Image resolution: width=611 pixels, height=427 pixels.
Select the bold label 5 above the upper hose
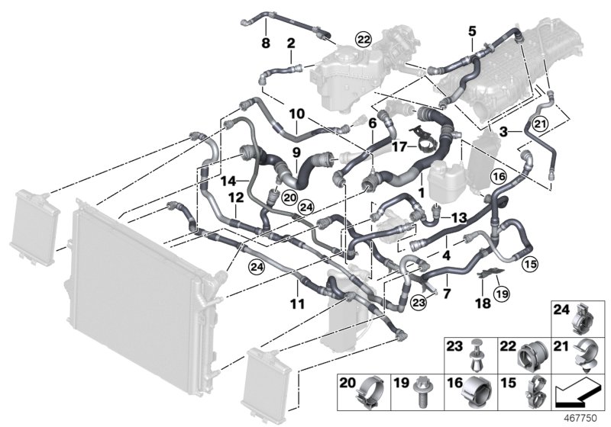click(471, 31)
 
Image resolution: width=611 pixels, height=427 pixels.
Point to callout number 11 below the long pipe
click(298, 303)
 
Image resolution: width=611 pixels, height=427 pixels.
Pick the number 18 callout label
click(483, 303)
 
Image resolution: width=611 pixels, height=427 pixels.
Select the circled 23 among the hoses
click(418, 303)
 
